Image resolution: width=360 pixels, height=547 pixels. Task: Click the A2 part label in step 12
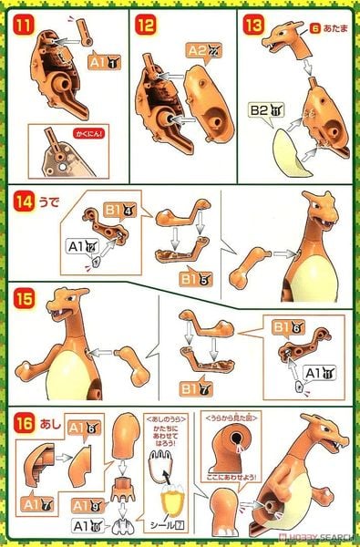(x=201, y=51)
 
